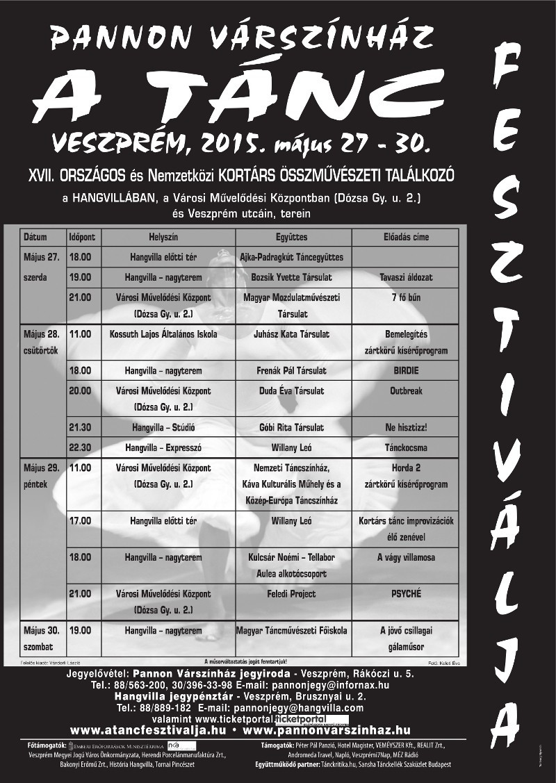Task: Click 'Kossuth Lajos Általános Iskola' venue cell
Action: [x=163, y=334]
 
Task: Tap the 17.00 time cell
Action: [x=80, y=520]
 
